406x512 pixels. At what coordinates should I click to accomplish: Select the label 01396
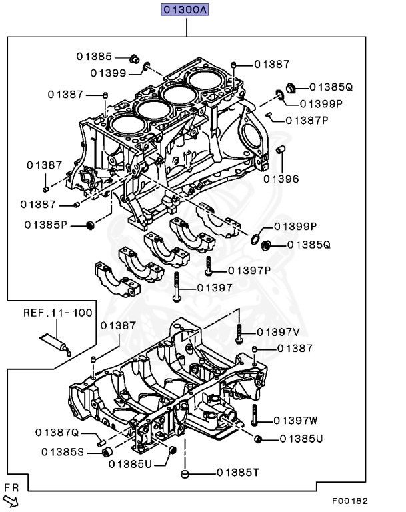point(281,179)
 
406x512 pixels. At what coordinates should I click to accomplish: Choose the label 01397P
point(249,271)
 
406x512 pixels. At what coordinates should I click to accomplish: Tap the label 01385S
point(62,452)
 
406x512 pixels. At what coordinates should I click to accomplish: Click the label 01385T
point(237,473)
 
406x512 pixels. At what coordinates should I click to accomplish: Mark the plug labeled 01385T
point(187,473)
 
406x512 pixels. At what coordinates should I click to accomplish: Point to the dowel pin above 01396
point(281,149)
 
